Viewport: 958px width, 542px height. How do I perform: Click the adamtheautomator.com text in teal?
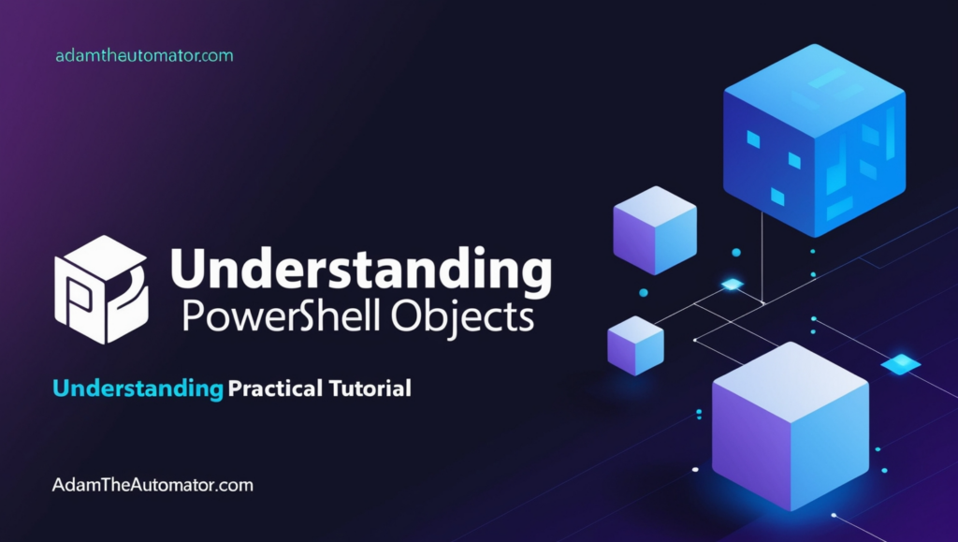click(x=144, y=56)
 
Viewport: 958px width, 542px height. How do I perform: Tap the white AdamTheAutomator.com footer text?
click(x=153, y=486)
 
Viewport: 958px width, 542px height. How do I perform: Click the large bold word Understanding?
click(x=360, y=270)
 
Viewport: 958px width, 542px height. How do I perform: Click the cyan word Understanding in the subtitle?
click(x=138, y=388)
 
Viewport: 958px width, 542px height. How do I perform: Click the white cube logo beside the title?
click(x=101, y=288)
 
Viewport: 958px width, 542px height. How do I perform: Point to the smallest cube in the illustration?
click(x=635, y=345)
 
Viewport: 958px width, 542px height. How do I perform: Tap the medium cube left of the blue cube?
click(x=655, y=229)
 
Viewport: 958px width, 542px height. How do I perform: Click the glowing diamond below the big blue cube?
click(x=732, y=284)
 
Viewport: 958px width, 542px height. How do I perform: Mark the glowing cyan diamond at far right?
click(x=901, y=364)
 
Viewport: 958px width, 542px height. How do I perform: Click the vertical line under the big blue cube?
click(x=762, y=253)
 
